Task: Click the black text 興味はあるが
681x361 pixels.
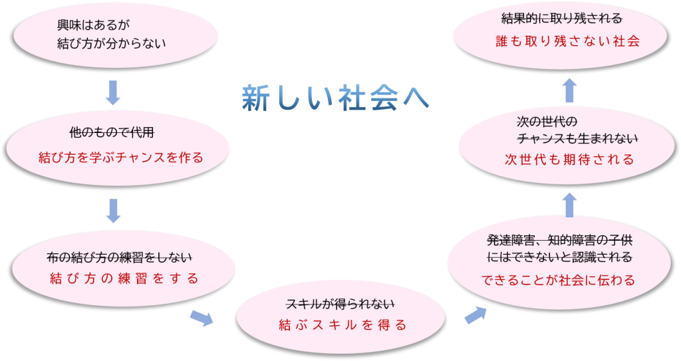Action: tap(94, 25)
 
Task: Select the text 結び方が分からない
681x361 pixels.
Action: tap(111, 44)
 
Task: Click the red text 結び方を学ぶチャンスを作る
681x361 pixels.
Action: tap(120, 158)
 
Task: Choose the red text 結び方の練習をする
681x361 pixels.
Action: tap(124, 279)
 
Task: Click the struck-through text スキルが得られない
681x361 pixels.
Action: tap(340, 304)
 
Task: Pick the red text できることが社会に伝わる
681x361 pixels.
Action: tap(559, 280)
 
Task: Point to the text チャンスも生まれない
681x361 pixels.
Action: tap(577, 139)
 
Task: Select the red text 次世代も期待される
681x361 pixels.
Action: tap(569, 160)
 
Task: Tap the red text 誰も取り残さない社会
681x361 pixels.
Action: tap(567, 41)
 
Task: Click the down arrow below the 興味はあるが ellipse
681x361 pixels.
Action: tap(113, 92)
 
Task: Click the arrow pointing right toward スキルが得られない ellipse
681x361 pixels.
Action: tap(202, 318)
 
